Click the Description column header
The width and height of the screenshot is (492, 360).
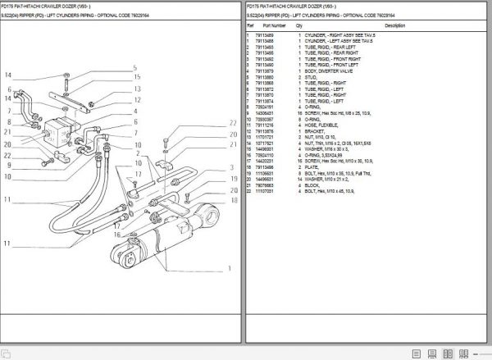(394, 25)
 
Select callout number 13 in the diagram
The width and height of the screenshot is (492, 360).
(139, 89)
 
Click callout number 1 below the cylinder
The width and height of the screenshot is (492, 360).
(229, 267)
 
